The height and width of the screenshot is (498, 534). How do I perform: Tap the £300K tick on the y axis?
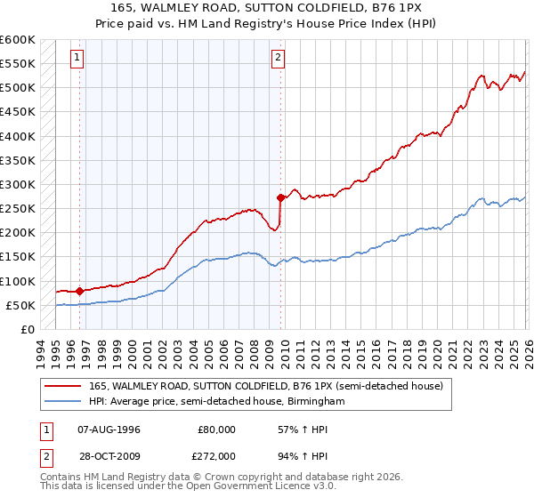(20, 185)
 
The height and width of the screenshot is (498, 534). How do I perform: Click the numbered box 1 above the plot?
(77, 58)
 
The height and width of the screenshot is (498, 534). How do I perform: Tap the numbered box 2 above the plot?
(278, 58)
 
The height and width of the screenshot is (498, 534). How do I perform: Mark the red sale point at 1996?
(80, 291)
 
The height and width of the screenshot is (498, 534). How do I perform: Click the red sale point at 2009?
(280, 197)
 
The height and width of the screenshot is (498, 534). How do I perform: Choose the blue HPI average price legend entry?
(222, 402)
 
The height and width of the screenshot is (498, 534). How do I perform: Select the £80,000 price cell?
(216, 429)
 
